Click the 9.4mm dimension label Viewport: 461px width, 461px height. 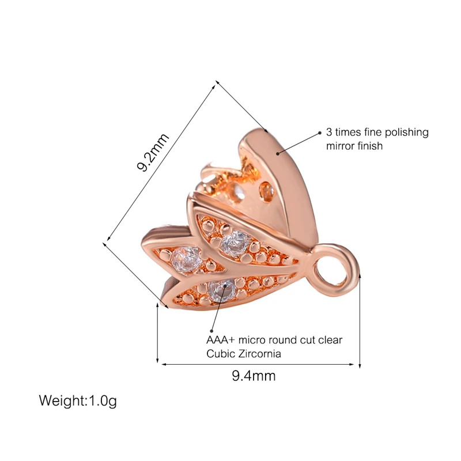coord(254,377)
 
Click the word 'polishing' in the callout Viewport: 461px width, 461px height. coord(407,133)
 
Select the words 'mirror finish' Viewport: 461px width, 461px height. coord(354,146)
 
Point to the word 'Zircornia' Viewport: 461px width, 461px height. coord(260,354)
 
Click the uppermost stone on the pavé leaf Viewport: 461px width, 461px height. coord(235,244)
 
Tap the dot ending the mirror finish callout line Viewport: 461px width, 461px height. coord(320,133)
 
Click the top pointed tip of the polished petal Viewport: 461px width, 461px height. coord(266,130)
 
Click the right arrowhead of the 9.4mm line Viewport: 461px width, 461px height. coord(353,364)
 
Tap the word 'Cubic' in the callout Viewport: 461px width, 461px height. coord(220,354)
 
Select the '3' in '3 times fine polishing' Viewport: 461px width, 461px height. coord(329,133)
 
